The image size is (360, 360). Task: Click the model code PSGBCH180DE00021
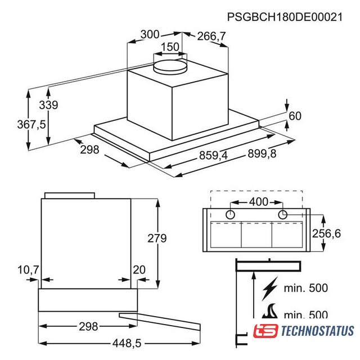coord(285,17)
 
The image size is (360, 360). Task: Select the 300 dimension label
coord(150,34)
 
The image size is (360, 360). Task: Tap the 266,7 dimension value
coord(211,36)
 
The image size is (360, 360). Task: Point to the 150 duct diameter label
coord(170,47)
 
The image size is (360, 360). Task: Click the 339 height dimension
coord(48,105)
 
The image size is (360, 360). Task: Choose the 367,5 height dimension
coord(31,125)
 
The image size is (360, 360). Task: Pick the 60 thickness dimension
coord(295,116)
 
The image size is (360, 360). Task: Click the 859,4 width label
coord(213,155)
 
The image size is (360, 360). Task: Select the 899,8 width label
coord(262,154)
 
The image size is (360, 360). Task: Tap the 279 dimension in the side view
coord(157,238)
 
